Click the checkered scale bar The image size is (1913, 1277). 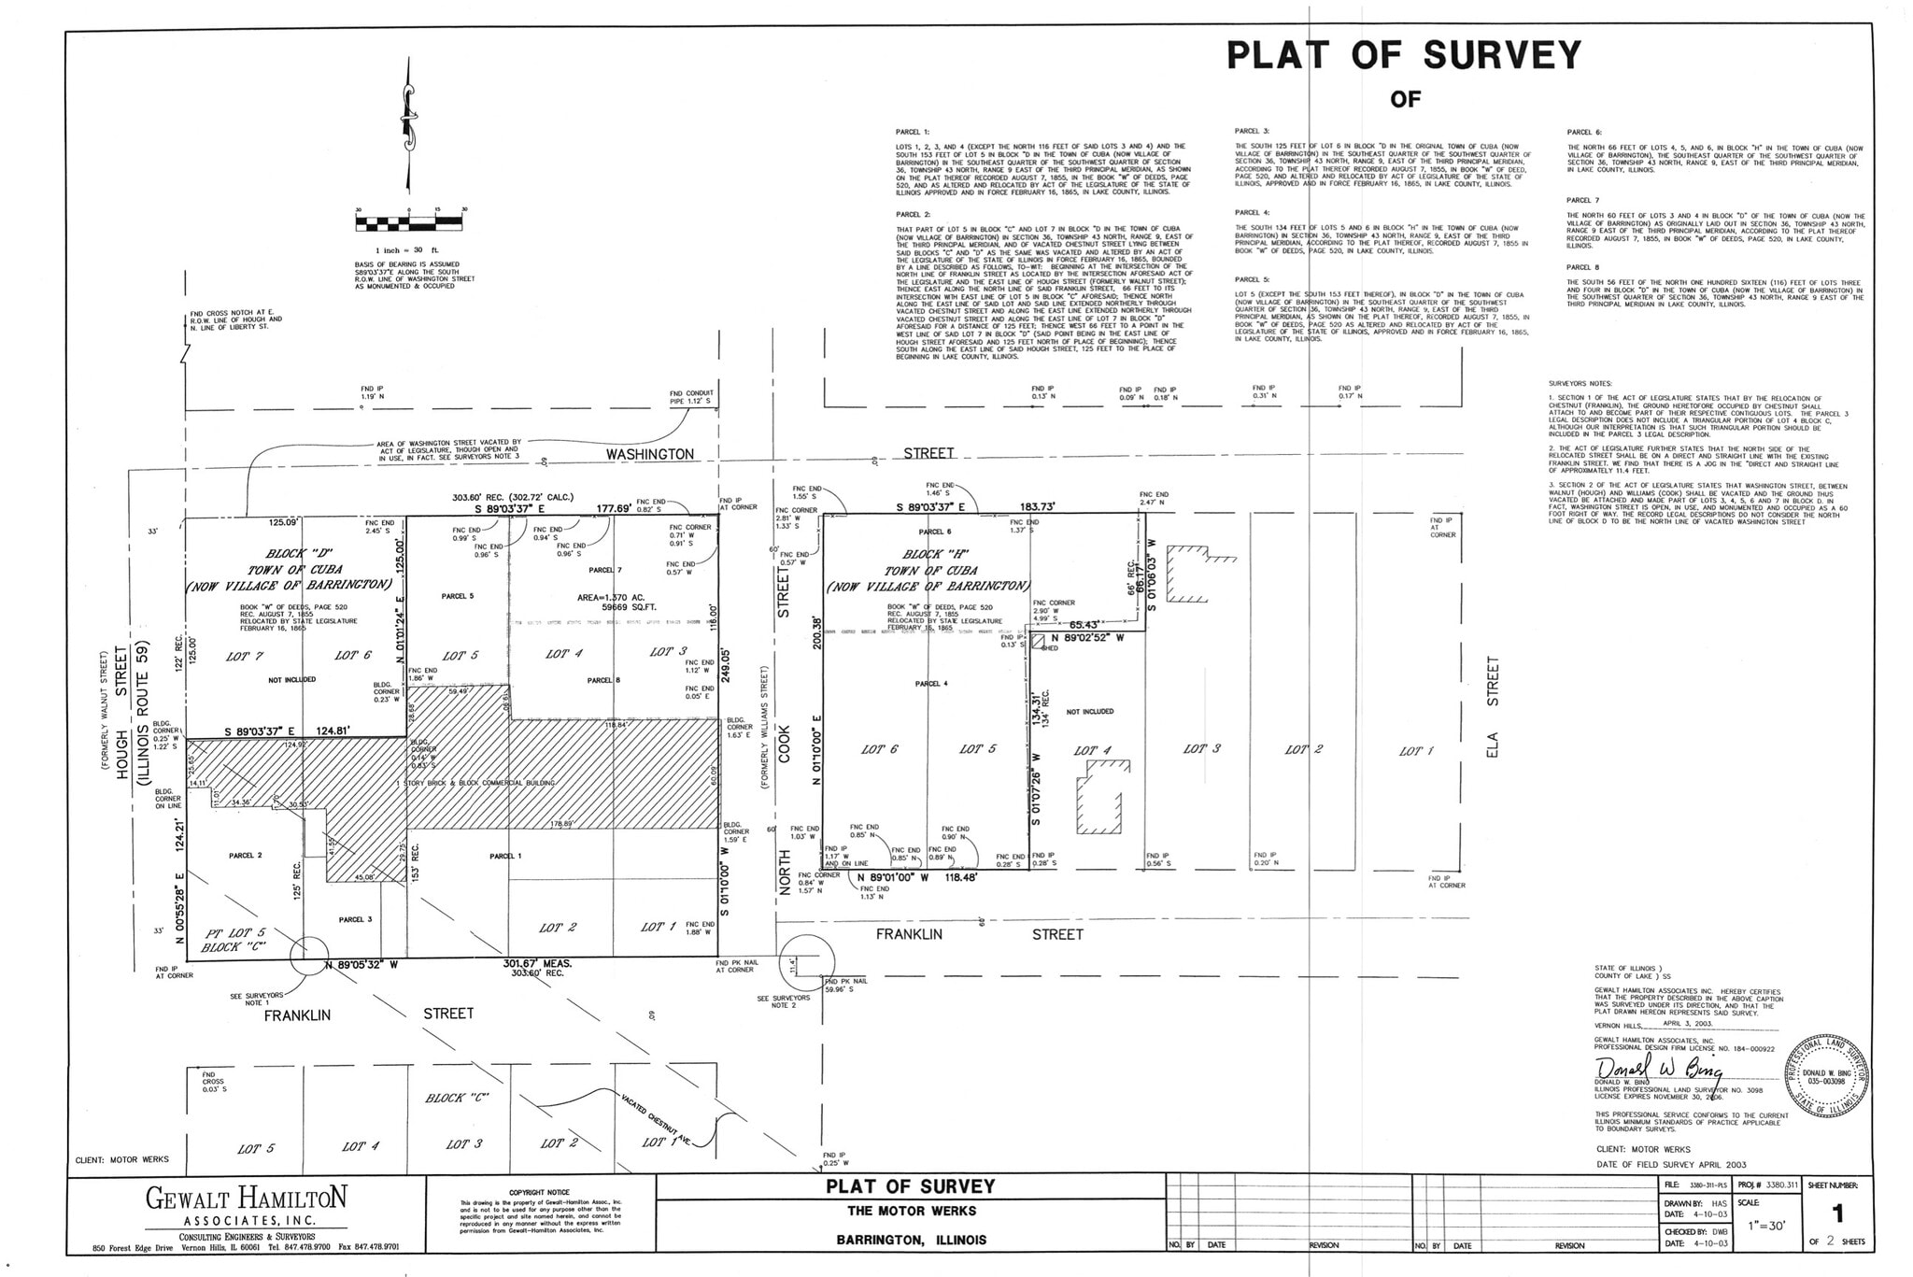tap(409, 223)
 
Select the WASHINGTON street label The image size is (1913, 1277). tap(650, 454)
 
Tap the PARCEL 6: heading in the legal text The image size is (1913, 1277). tap(1584, 132)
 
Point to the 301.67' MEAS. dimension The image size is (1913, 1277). tap(537, 963)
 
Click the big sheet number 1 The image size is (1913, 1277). tap(1837, 1213)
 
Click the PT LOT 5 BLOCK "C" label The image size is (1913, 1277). tap(235, 940)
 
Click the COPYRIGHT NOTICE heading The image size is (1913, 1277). tap(540, 1192)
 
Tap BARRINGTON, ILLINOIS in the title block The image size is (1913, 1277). tap(911, 1241)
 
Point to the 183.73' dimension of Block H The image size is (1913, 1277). tap(1038, 506)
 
